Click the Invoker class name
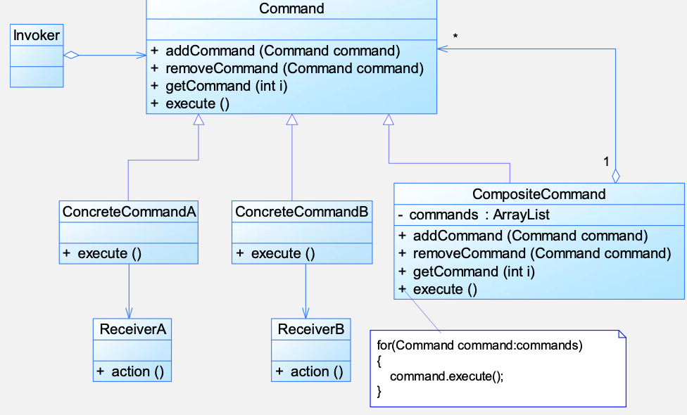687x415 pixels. click(x=37, y=35)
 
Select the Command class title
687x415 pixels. click(x=292, y=8)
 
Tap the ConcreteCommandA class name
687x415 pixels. click(x=129, y=212)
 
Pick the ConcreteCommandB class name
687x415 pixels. click(x=302, y=212)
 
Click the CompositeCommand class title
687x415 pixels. click(x=539, y=194)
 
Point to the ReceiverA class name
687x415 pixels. click(x=133, y=329)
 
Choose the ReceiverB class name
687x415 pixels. click(x=311, y=329)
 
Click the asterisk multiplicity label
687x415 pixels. click(x=455, y=37)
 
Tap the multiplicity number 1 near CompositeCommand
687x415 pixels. click(x=606, y=162)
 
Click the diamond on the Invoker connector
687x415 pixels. click(x=71, y=55)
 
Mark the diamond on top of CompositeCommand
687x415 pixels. click(x=616, y=176)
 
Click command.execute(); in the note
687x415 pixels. click(x=447, y=376)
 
